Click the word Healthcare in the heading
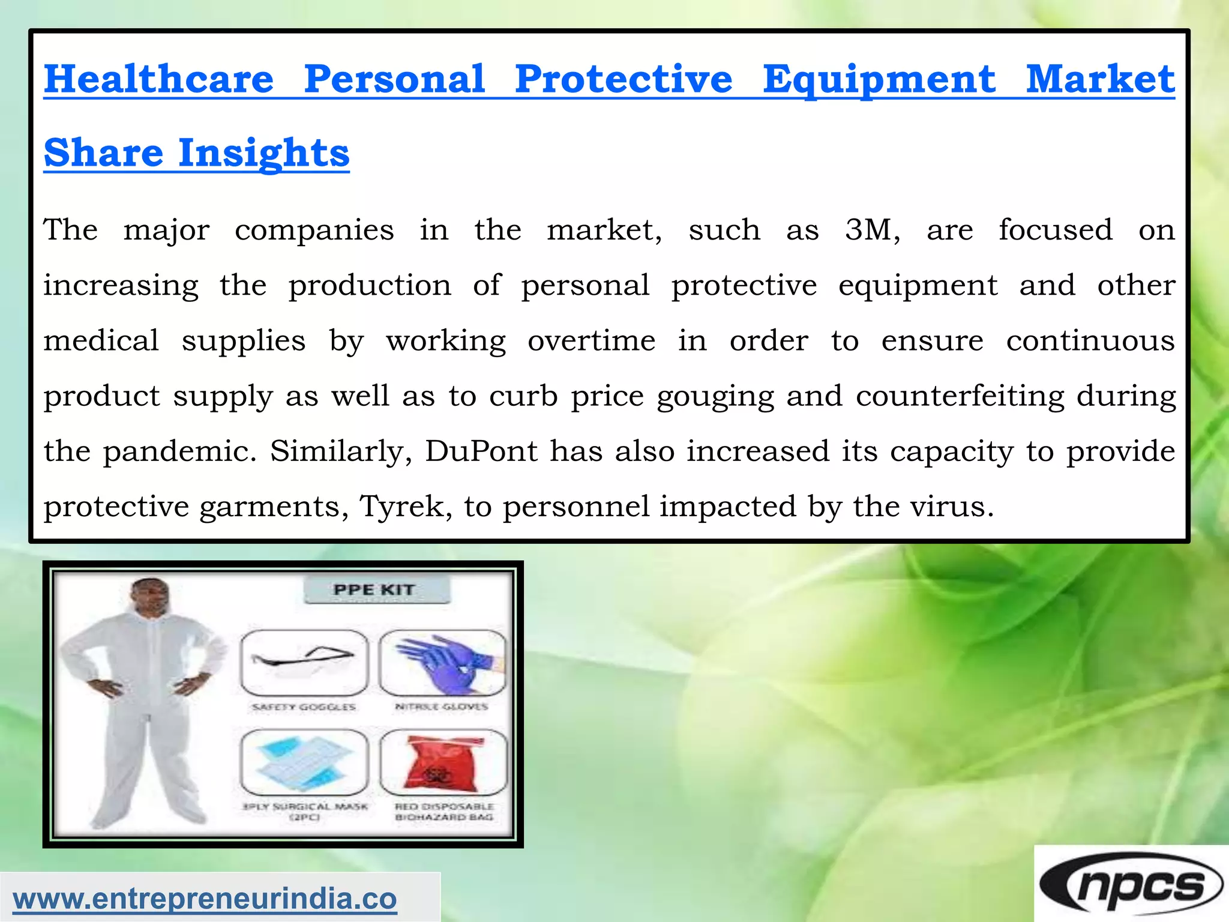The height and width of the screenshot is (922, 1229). pos(159,79)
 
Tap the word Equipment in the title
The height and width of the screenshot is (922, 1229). pos(879,79)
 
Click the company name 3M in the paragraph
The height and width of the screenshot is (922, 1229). pos(871,230)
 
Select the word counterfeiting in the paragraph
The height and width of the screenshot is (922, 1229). pos(960,396)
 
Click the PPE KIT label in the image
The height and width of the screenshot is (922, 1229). pos(374,589)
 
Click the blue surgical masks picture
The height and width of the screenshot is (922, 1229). pos(304,762)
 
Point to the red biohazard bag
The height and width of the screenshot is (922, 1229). pos(443,762)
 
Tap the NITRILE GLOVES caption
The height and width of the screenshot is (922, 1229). pos(442,707)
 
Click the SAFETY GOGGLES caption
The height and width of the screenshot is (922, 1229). pos(304,707)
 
